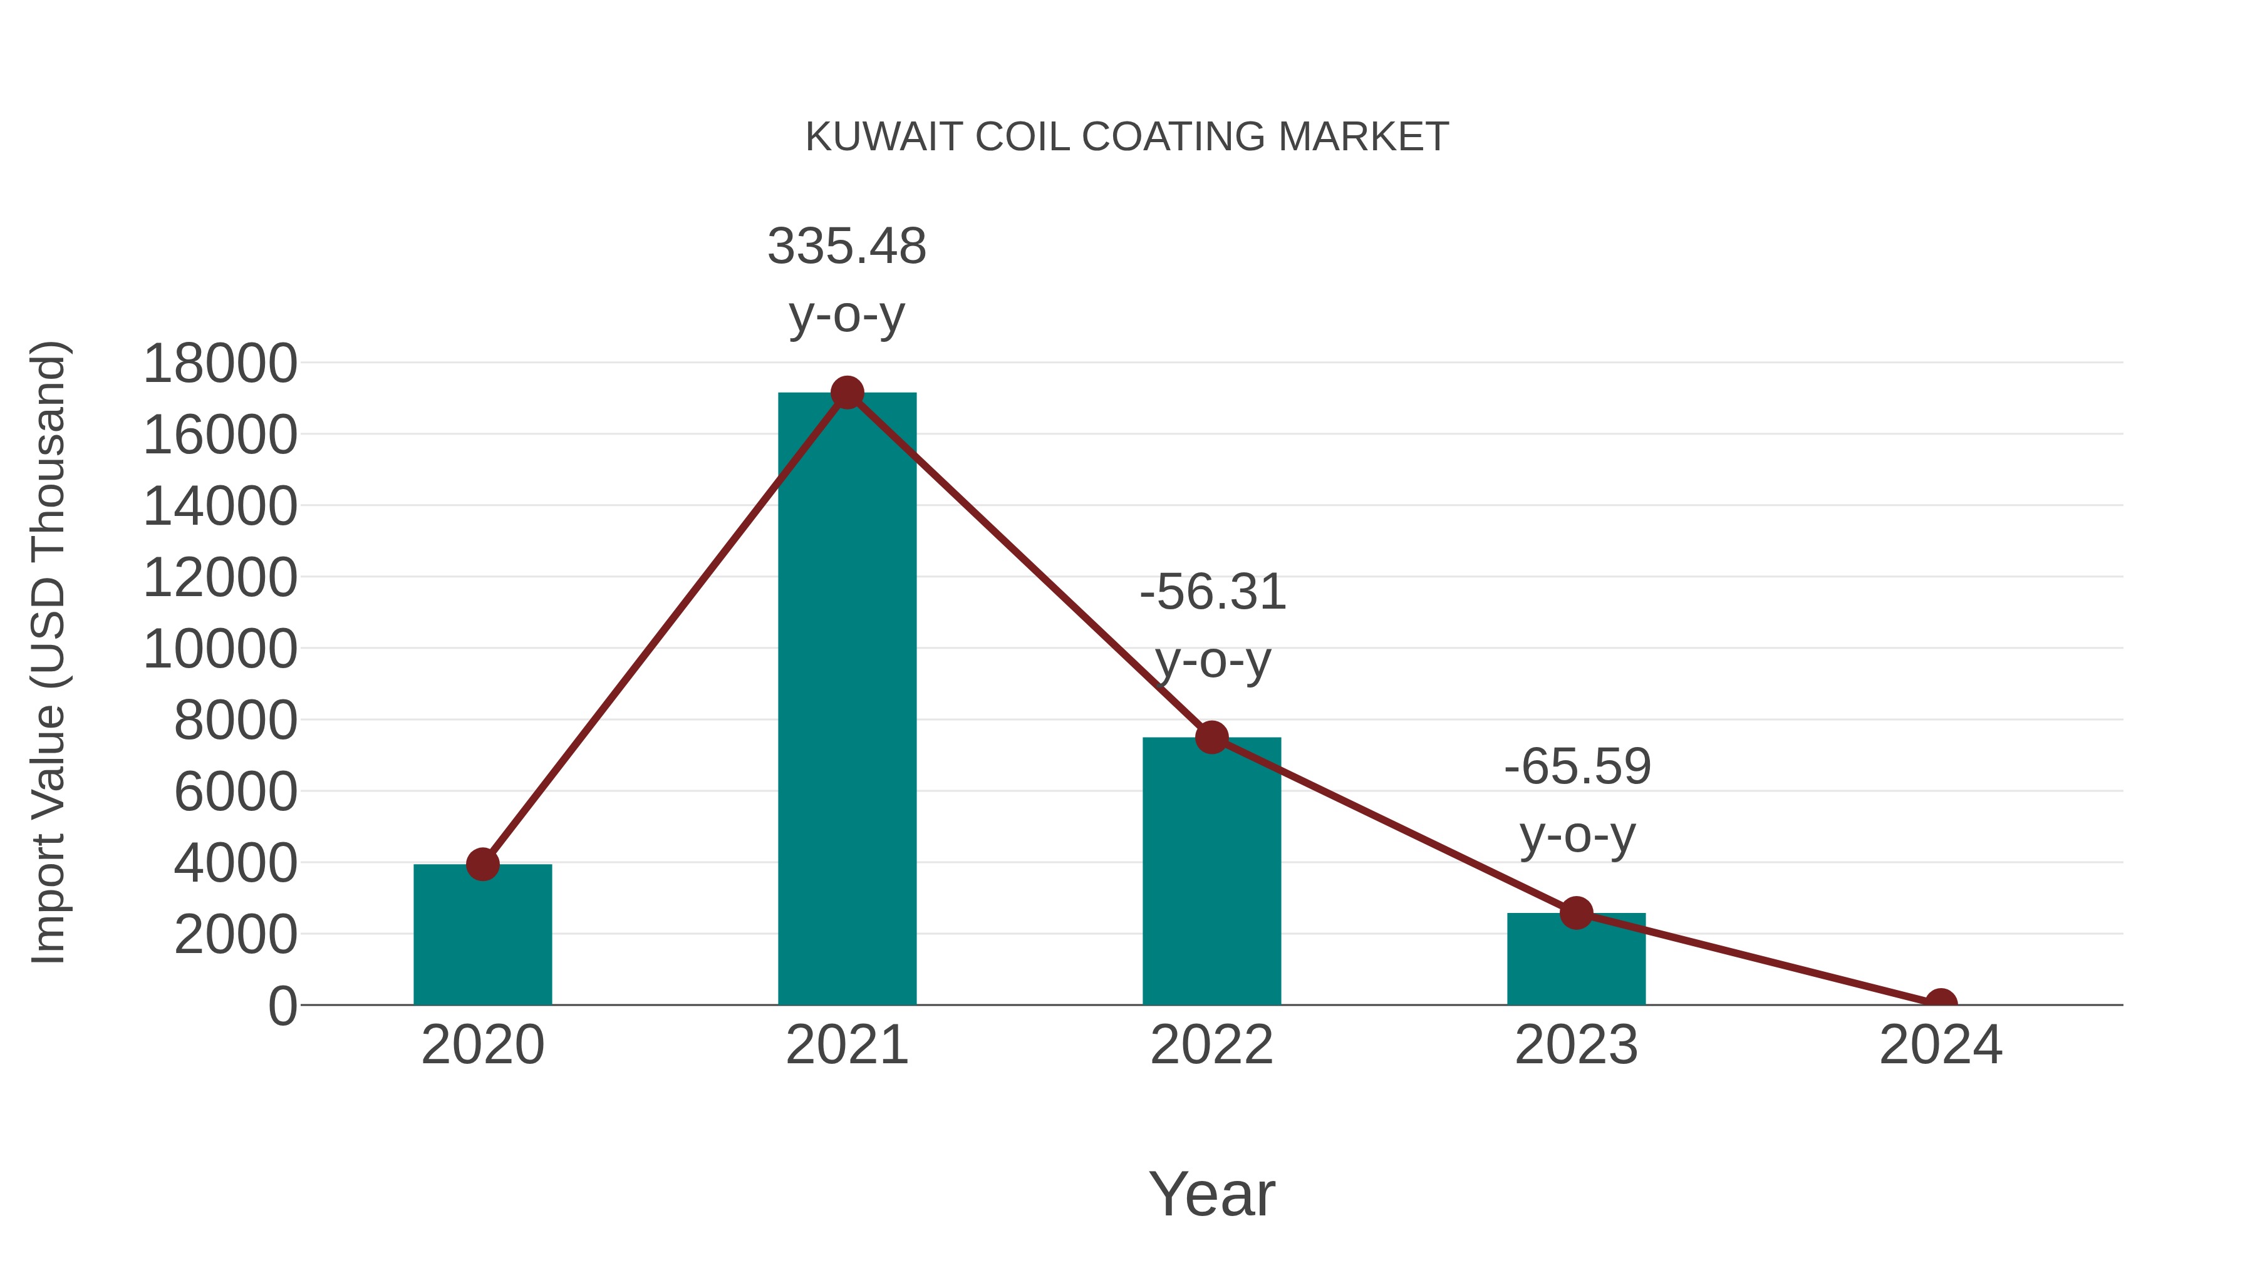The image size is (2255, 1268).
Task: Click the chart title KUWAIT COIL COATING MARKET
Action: click(1127, 137)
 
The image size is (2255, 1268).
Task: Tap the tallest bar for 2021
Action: click(846, 700)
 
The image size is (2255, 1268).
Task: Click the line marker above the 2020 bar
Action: click(482, 865)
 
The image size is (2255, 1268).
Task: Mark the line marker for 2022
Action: click(1211, 738)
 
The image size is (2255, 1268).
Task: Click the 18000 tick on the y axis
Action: click(220, 363)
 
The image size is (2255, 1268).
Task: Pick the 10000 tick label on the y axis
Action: click(220, 649)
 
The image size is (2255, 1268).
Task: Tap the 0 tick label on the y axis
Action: click(282, 1006)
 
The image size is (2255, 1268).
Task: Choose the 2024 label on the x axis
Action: click(1941, 1045)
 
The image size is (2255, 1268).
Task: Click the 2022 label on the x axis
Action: click(1211, 1045)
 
